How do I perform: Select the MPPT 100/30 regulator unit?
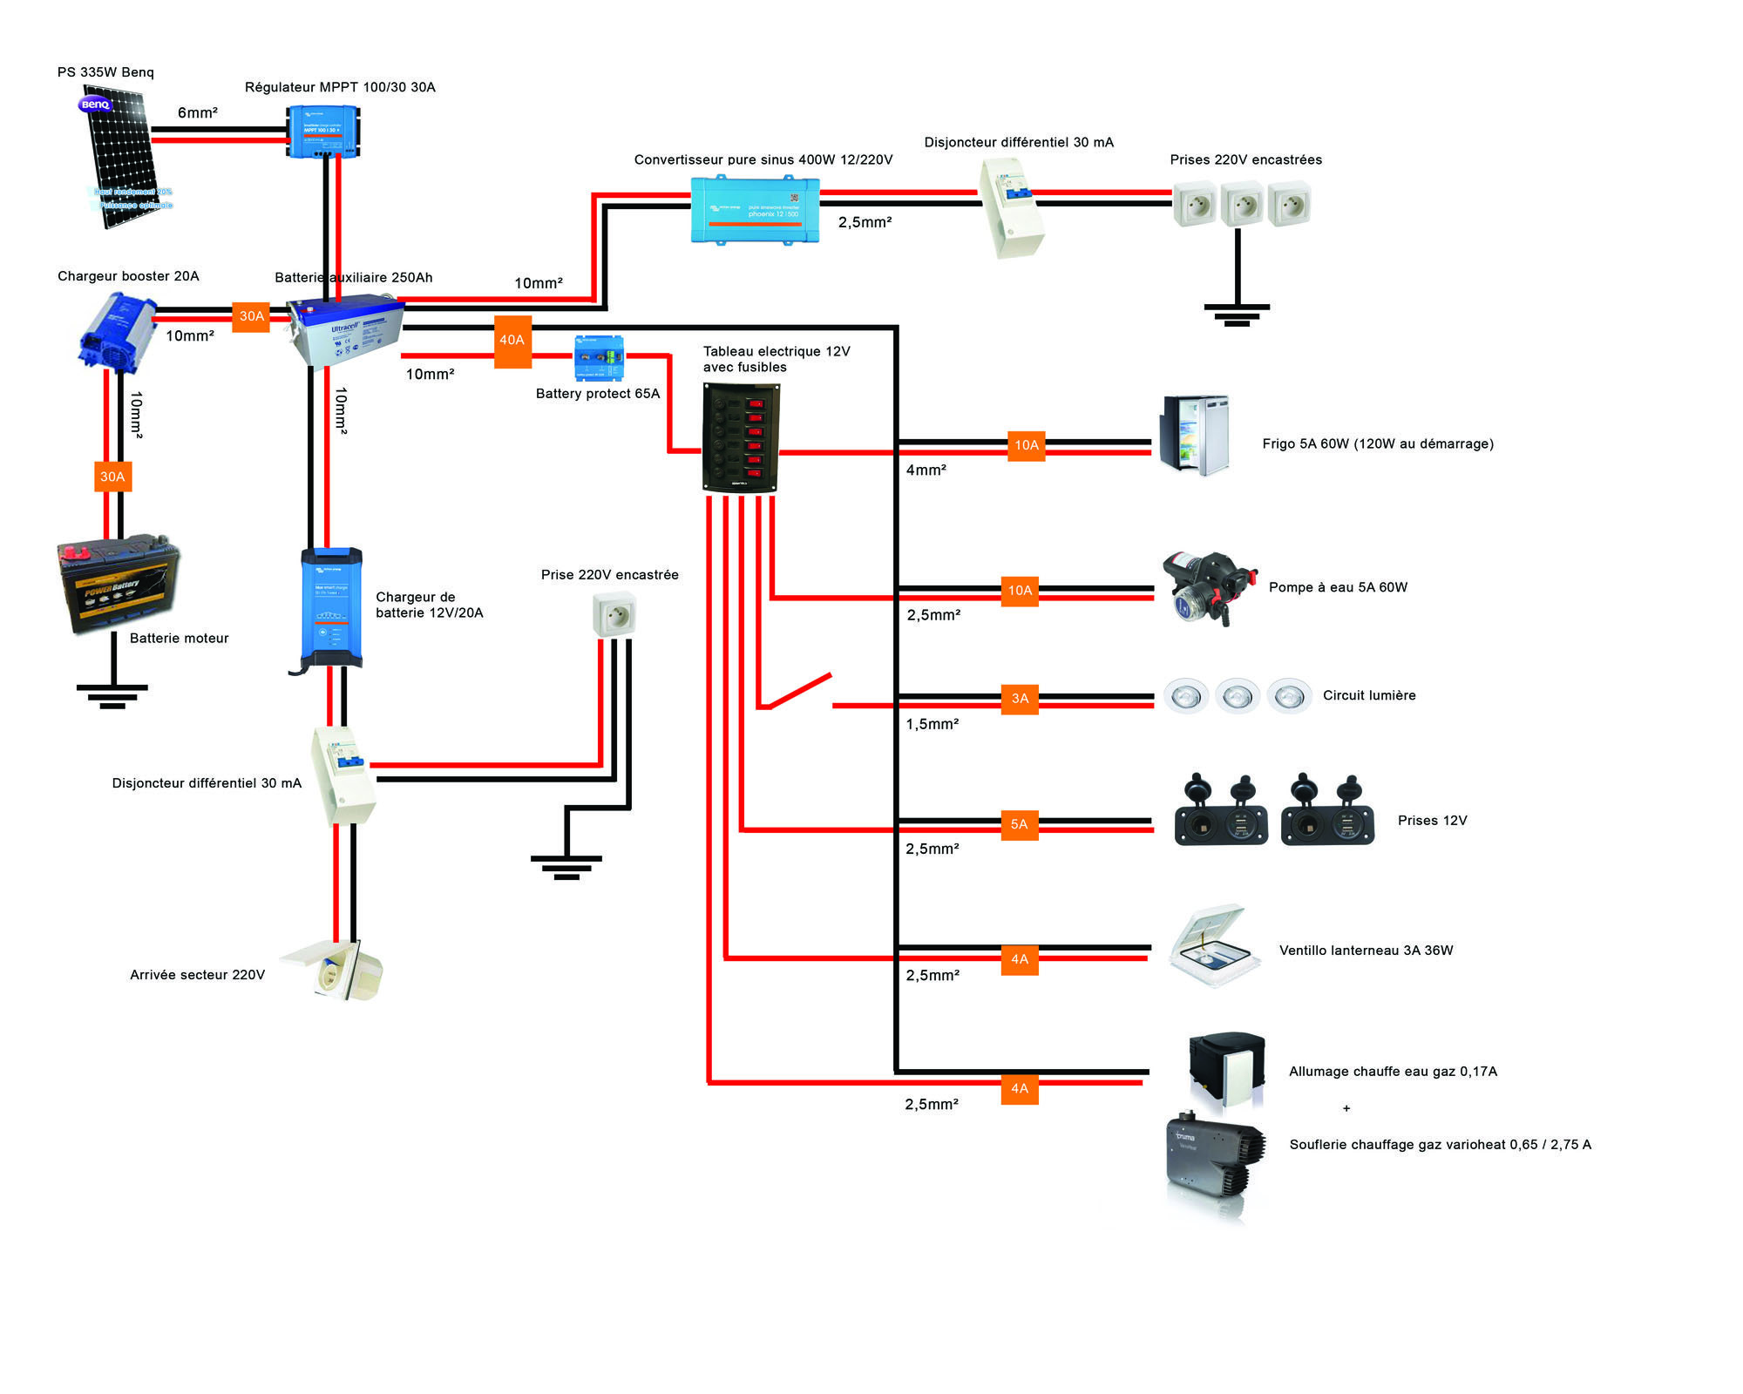(323, 132)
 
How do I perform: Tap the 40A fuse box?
(512, 341)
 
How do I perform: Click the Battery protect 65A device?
(599, 358)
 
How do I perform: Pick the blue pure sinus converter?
(755, 210)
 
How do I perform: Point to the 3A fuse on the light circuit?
(1020, 699)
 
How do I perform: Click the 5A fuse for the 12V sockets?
(1019, 824)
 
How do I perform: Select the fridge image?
(1194, 436)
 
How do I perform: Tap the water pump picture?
(1210, 588)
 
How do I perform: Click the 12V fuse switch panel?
(741, 438)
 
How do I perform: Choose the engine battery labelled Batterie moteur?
(118, 584)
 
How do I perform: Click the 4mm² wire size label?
(926, 470)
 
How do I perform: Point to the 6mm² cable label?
(197, 112)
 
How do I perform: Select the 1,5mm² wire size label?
(932, 724)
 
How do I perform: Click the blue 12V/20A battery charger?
(331, 607)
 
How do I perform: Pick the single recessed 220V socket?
(614, 614)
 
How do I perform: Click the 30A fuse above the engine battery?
(112, 477)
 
